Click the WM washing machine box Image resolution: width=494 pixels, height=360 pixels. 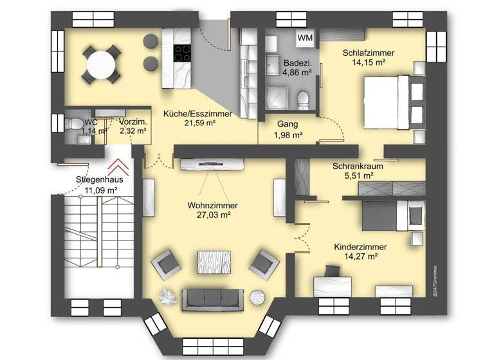point(306,38)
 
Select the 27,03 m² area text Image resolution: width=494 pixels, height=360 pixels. point(212,215)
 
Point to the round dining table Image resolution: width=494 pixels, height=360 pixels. point(102,64)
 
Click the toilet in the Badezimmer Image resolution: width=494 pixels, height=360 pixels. point(304,99)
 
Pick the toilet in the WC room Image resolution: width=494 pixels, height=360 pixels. point(75,123)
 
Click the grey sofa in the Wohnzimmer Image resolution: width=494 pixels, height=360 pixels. point(213,297)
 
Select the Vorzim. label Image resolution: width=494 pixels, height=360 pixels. point(133,122)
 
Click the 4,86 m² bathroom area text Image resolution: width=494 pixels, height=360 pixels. point(298,73)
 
